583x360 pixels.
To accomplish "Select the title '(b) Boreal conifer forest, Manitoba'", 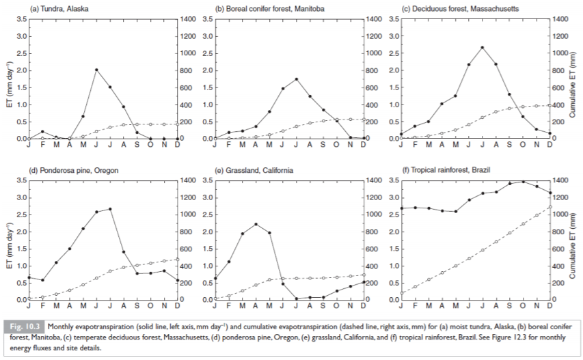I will tap(270, 8).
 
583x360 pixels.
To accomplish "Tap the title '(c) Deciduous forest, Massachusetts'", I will tap(460, 8).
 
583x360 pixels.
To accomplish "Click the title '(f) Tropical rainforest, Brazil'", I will tap(451, 169).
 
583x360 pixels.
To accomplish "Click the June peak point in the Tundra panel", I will tap(96, 70).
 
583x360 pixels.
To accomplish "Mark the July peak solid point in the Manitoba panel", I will tap(296, 79).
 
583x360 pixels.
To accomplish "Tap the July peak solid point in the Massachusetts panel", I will tap(483, 47).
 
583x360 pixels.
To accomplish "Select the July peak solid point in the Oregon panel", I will tap(110, 209).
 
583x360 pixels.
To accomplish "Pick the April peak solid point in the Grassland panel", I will tap(256, 224).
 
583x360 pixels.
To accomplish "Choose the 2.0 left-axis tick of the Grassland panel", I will tap(207, 232).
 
